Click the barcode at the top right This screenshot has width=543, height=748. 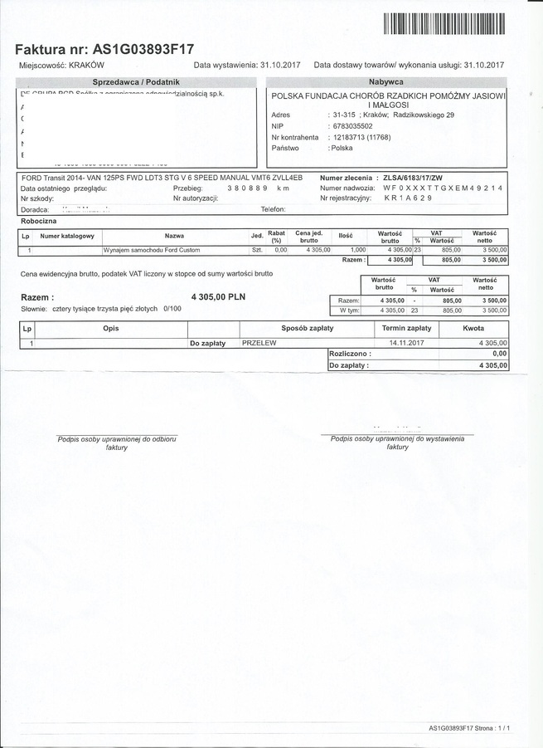click(x=444, y=24)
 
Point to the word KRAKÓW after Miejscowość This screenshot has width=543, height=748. click(x=86, y=65)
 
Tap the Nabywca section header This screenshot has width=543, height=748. click(x=385, y=82)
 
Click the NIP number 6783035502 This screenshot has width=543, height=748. click(x=351, y=126)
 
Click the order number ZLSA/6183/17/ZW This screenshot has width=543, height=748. click(x=418, y=178)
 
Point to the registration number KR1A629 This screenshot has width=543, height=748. click(x=408, y=199)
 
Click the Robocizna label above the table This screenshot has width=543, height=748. click(x=38, y=222)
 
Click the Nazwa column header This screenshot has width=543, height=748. click(x=174, y=237)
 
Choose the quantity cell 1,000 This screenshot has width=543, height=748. click(x=357, y=249)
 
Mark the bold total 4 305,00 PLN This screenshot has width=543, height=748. click(x=218, y=296)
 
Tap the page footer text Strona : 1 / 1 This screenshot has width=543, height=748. click(x=492, y=728)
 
